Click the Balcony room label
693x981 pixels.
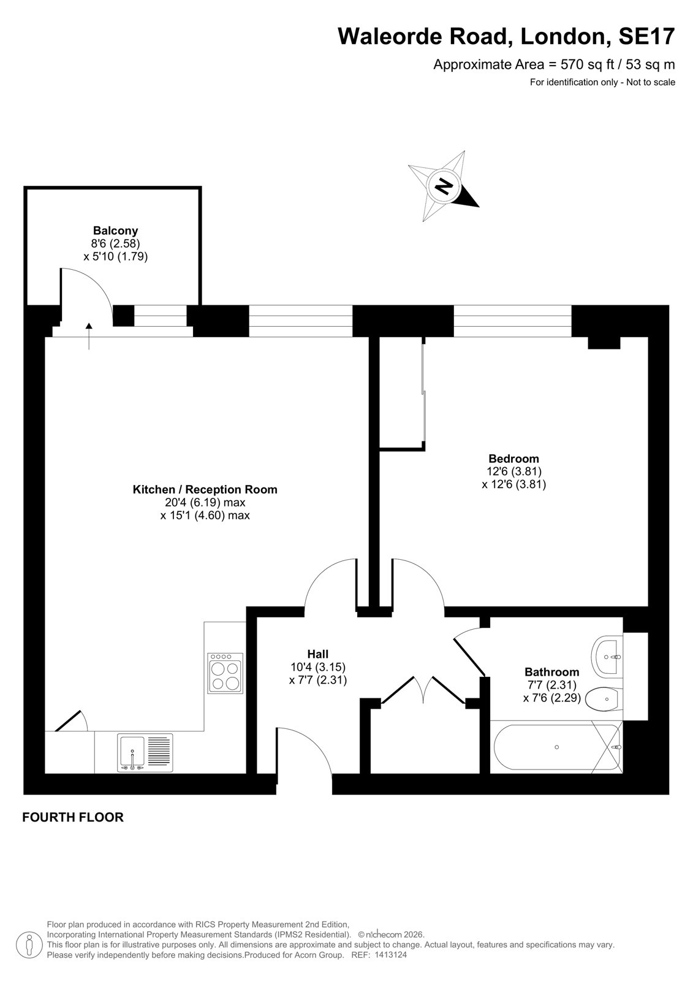pyautogui.click(x=116, y=231)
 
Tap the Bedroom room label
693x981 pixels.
pyautogui.click(x=513, y=459)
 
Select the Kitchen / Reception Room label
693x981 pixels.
pyautogui.click(x=205, y=489)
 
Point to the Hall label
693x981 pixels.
pyautogui.click(x=318, y=654)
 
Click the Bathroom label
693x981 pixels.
pyautogui.click(x=551, y=672)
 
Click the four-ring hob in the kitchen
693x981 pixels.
pyautogui.click(x=225, y=673)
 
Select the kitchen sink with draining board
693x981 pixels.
pyautogui.click(x=145, y=752)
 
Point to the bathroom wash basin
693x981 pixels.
pyautogui.click(x=607, y=657)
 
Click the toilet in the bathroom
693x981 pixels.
pyautogui.click(x=604, y=700)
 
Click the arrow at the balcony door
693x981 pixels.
pyautogui.click(x=89, y=336)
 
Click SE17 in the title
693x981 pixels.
pyautogui.click(x=646, y=36)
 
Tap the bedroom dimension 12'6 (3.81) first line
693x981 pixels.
pyautogui.click(x=514, y=471)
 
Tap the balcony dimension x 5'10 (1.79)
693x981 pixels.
pyautogui.click(x=116, y=256)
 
